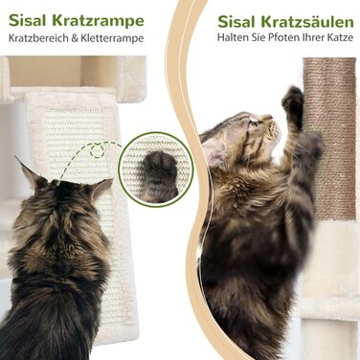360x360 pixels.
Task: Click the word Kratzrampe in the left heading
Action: (98, 21)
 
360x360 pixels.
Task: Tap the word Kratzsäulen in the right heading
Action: (307, 22)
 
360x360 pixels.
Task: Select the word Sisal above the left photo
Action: (29, 21)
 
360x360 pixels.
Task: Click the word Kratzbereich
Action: (38, 38)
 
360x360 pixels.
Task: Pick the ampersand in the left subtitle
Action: (75, 38)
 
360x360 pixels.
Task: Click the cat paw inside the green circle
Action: (158, 175)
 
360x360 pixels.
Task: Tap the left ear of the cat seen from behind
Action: (31, 173)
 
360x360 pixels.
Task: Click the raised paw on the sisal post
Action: (294, 102)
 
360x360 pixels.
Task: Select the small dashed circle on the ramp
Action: (97, 151)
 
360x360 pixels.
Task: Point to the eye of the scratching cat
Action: (254, 123)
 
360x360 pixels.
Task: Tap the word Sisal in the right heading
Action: (237, 22)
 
